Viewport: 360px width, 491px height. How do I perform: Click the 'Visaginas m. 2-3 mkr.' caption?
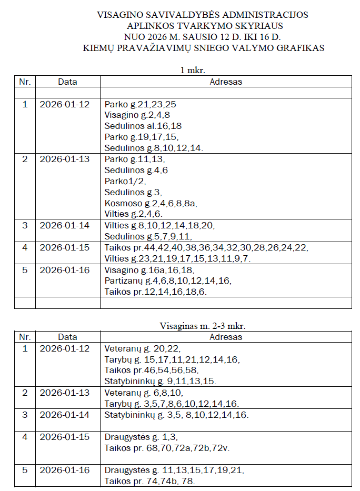pos(203,326)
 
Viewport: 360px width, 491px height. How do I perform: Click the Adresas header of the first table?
pos(226,82)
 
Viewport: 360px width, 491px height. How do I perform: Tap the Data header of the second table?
pos(67,337)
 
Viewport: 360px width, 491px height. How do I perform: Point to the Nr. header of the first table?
pos(25,82)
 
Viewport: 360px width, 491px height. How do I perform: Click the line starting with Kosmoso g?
pos(151,203)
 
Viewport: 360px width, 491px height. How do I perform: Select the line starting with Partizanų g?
pos(168,280)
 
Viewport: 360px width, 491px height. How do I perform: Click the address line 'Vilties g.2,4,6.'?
pos(134,214)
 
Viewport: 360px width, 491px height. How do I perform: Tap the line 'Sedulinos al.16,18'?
pos(143,126)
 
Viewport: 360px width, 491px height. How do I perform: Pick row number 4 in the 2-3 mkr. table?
pos(25,437)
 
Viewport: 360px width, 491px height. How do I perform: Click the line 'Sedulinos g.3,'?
pos(132,192)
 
